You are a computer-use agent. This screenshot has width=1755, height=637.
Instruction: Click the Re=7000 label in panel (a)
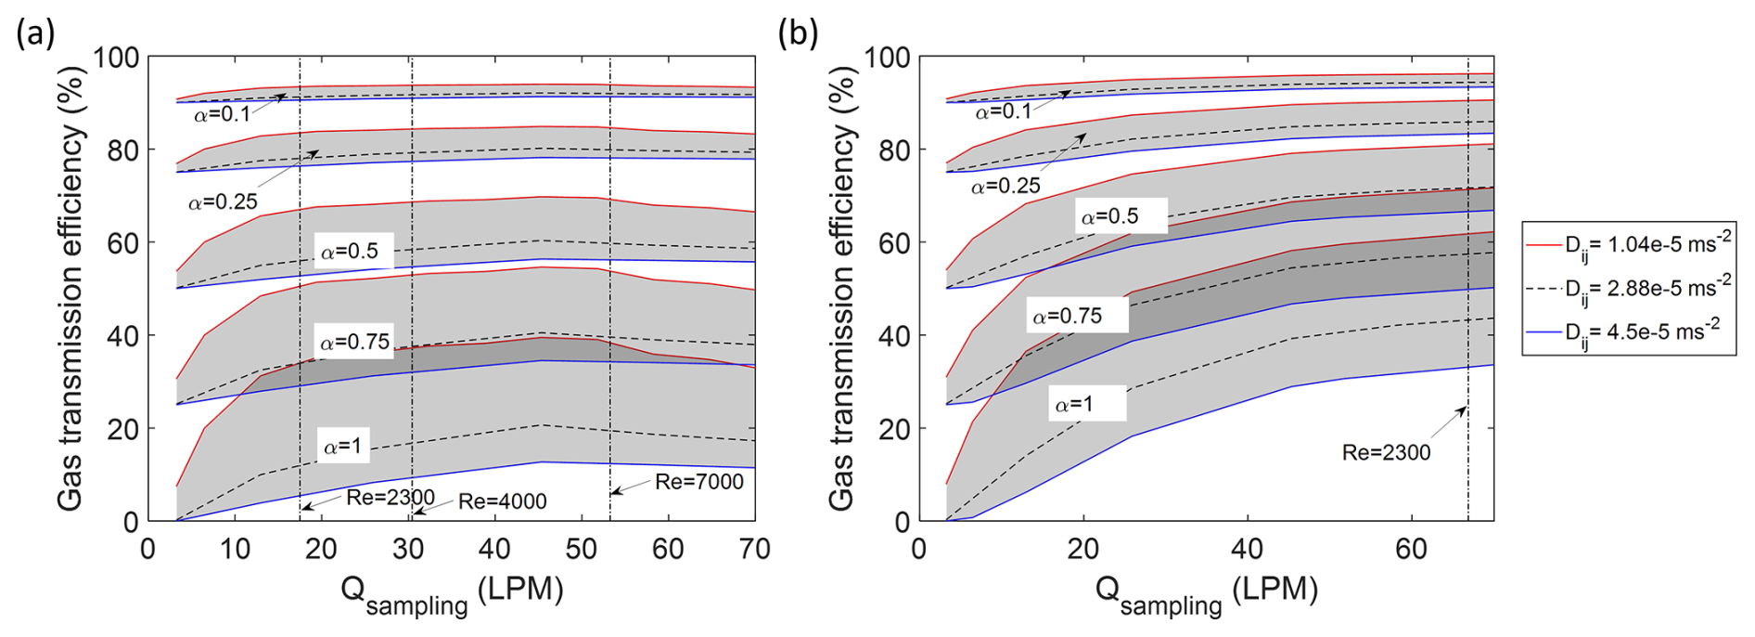tap(698, 481)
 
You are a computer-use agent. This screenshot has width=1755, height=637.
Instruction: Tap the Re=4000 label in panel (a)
tap(502, 501)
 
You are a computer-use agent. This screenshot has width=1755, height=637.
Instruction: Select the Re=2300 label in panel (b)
tap(1386, 452)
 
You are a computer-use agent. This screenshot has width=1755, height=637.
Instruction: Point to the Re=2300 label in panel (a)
tap(391, 498)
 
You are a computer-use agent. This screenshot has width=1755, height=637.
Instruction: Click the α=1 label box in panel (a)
tap(342, 447)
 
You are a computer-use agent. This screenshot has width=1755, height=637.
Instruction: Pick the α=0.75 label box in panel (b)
tap(1067, 317)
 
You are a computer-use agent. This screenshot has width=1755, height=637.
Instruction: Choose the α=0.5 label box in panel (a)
tap(350, 252)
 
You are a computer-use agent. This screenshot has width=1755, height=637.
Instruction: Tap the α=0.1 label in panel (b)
tap(1003, 112)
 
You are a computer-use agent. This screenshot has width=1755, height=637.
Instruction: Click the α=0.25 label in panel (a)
tap(223, 202)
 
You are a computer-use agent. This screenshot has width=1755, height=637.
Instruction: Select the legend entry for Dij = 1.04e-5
tap(1629, 244)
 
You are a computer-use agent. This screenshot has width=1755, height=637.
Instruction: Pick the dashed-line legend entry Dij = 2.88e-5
tap(1629, 288)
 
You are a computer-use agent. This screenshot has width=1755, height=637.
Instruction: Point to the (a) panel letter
tap(35, 33)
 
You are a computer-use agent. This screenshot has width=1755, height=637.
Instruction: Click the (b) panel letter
tap(798, 33)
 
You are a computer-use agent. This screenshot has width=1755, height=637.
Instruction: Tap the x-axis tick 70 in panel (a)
tap(754, 549)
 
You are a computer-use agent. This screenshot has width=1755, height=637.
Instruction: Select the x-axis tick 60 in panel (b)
tap(1411, 549)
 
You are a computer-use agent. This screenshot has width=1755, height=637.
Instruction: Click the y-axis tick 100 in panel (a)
tap(115, 58)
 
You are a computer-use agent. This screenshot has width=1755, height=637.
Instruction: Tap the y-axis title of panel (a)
tap(71, 288)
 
